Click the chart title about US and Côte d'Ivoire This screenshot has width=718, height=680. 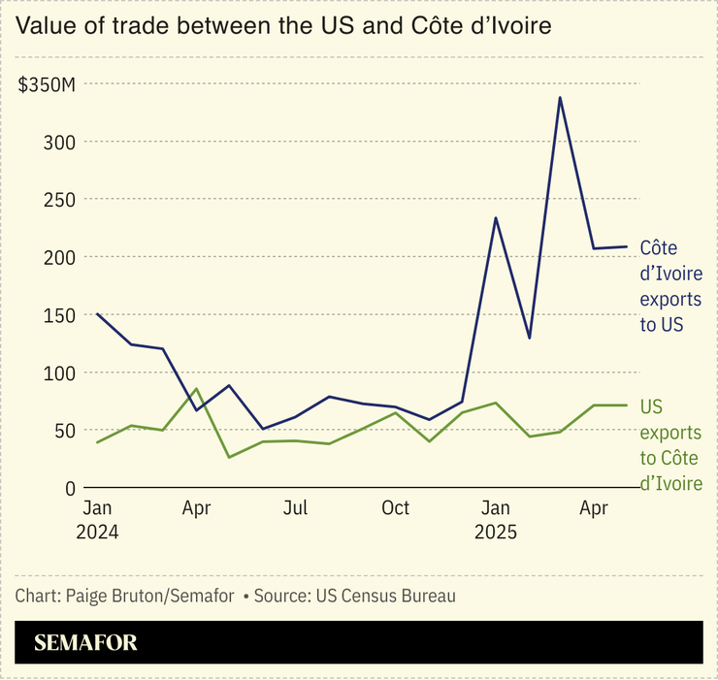(283, 26)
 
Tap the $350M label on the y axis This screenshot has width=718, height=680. (47, 85)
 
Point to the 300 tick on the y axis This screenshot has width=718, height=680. (61, 143)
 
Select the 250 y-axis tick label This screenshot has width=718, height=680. (61, 200)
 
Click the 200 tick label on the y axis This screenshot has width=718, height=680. (61, 258)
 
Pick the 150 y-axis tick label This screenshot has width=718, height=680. (61, 315)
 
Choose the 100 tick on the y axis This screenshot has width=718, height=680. (61, 373)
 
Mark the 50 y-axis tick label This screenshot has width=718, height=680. (65, 431)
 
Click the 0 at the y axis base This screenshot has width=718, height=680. (70, 489)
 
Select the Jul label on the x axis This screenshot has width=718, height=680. (296, 508)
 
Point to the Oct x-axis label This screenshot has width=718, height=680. (395, 508)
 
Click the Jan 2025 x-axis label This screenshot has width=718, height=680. (496, 520)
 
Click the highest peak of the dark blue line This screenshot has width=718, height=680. (560, 97)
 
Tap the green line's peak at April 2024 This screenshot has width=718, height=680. (197, 389)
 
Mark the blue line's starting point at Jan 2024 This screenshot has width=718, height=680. (98, 314)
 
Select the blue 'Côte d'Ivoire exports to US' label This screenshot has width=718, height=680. (670, 286)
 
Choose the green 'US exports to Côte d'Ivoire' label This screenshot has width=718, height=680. (670, 444)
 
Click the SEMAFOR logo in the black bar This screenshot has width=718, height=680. (85, 642)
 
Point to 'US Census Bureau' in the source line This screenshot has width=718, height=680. (385, 596)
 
